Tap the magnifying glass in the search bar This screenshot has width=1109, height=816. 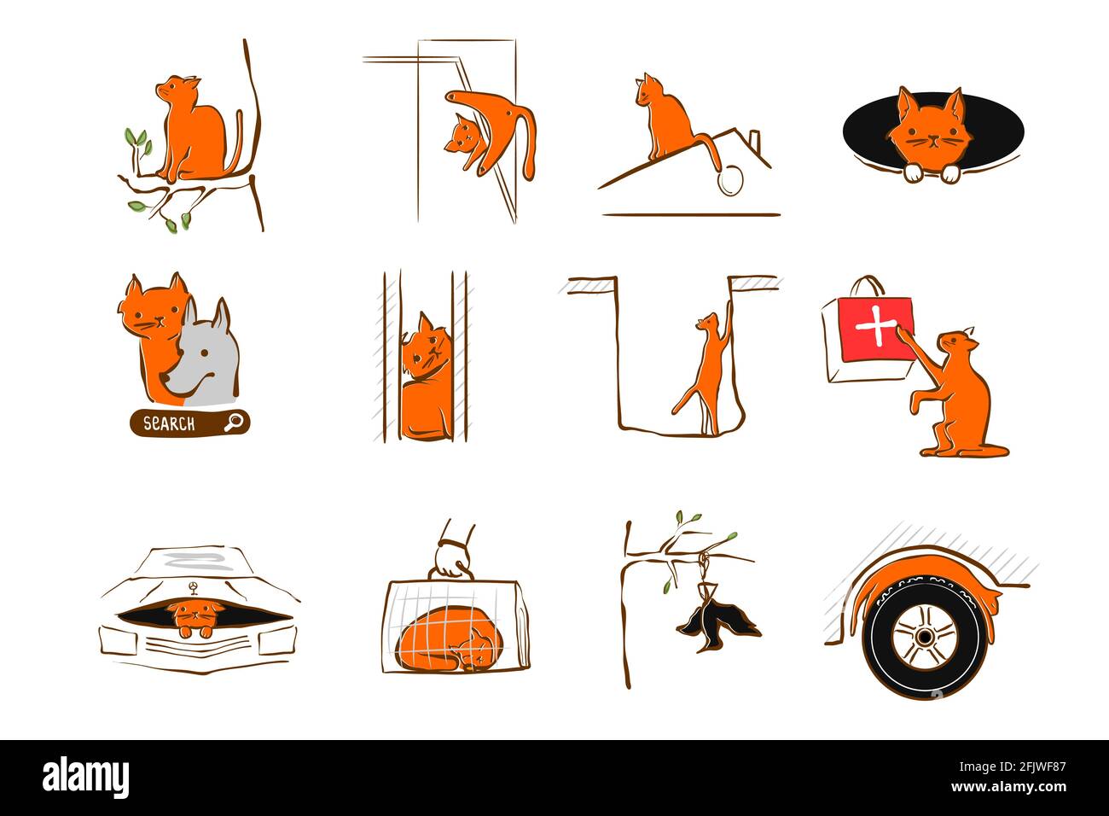tap(233, 422)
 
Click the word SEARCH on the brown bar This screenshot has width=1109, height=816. tap(169, 423)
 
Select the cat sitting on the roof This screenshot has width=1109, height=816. tap(665, 119)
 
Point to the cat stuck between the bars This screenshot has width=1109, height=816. tap(424, 376)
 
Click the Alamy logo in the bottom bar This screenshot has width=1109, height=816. tap(86, 778)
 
